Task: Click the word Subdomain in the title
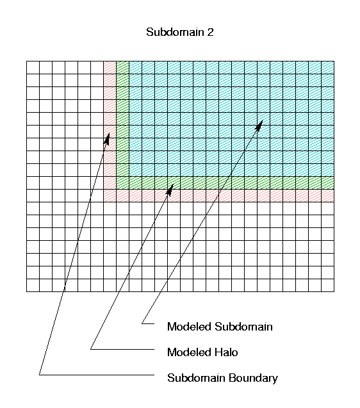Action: pos(175,32)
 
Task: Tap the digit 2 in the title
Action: pos(210,32)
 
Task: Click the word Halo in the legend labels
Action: pos(226,352)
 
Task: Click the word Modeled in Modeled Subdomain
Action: pos(189,327)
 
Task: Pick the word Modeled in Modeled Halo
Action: pos(189,352)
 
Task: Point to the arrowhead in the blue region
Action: pos(259,126)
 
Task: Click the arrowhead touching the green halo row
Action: pos(170,190)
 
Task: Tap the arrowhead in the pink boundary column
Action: pos(107,138)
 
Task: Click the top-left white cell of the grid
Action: pos(33,68)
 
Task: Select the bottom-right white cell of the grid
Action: pos(328,286)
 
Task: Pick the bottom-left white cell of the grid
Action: pos(33,286)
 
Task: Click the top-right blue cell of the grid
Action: pos(328,68)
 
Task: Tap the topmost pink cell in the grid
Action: pos(110,68)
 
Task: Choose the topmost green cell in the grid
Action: pos(122,68)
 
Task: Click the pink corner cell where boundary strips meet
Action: pos(110,196)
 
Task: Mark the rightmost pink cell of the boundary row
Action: pos(328,196)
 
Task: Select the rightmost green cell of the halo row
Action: pos(328,183)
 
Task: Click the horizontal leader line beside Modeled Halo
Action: pos(122,349)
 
